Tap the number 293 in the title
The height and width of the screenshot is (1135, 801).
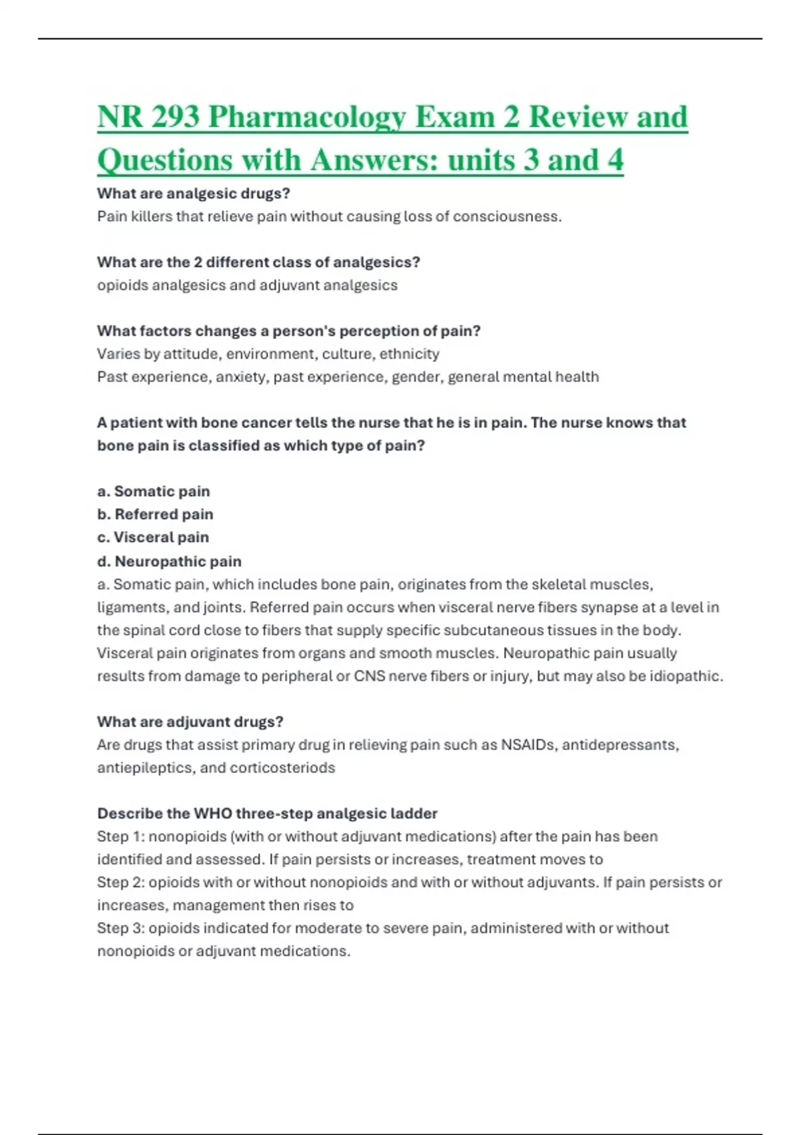pos(175,118)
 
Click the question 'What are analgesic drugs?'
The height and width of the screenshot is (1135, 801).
pos(194,194)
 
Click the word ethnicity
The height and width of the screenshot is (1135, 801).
pos(409,354)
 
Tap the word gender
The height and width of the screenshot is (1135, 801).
pos(416,377)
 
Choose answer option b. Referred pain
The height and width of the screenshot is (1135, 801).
pos(155,514)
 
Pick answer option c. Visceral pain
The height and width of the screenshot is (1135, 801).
pos(153,537)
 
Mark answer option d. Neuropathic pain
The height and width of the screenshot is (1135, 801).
pos(169,561)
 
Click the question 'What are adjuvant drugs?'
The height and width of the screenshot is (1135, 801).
pos(190,722)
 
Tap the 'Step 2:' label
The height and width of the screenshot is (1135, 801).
pos(120,883)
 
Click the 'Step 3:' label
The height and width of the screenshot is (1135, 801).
pos(120,928)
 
